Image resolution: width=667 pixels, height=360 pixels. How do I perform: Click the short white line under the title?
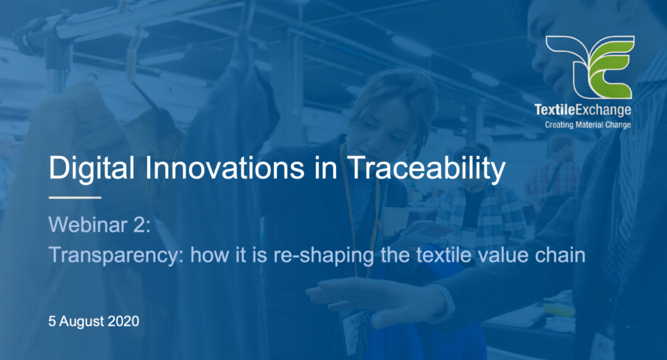tap(75, 197)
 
